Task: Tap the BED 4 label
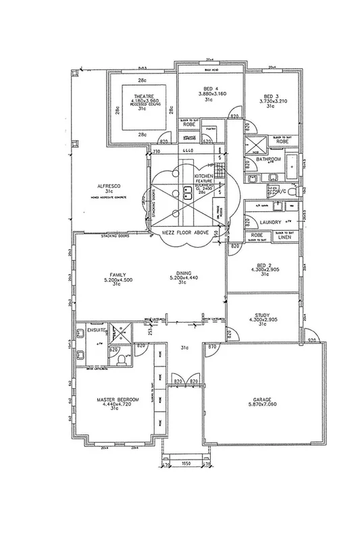210,88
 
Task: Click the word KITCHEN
204,175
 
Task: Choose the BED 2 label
259,264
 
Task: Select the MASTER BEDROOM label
119,400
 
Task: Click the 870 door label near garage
212,345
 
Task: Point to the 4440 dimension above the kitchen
188,148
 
